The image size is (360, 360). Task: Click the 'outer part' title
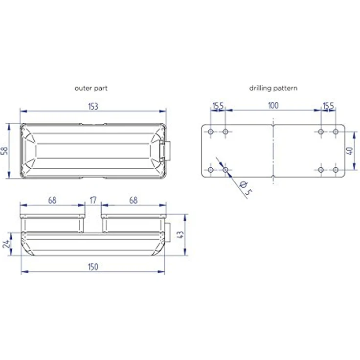91,89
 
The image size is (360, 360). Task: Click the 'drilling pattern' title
273,88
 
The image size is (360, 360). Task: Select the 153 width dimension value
93,107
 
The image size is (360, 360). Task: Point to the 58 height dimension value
4,151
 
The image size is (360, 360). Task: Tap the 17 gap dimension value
93,200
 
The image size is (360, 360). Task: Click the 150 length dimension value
93,267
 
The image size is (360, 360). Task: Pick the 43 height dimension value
181,234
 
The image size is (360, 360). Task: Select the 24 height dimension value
6,244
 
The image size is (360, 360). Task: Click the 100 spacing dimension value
273,106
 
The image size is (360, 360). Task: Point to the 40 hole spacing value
349,151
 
